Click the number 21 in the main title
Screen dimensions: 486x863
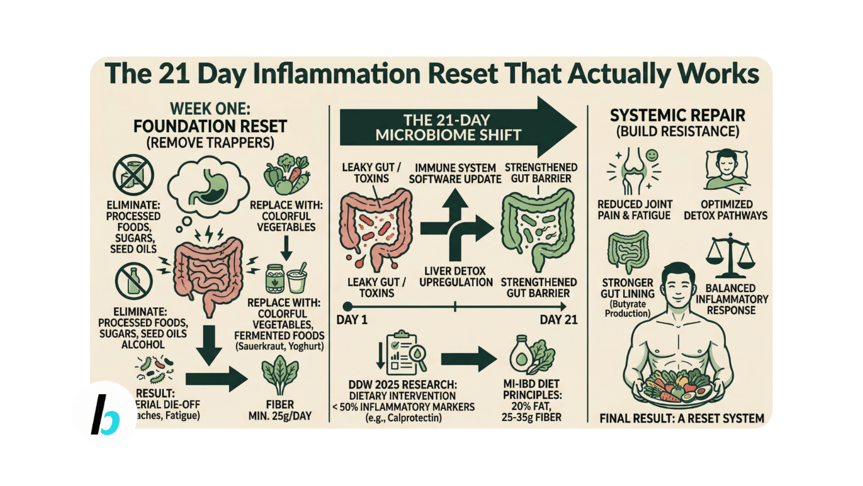(x=174, y=74)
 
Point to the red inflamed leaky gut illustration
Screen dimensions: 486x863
(x=376, y=229)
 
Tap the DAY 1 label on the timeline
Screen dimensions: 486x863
(x=352, y=320)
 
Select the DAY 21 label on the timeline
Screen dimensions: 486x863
(x=558, y=320)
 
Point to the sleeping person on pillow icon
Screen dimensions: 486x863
(x=726, y=171)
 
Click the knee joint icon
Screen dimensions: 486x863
(x=634, y=171)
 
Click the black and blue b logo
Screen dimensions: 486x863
(x=105, y=414)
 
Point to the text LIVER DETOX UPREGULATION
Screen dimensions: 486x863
(x=456, y=277)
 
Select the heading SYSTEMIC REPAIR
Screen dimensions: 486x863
(x=677, y=116)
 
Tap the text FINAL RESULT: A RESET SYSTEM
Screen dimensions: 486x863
(x=681, y=418)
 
